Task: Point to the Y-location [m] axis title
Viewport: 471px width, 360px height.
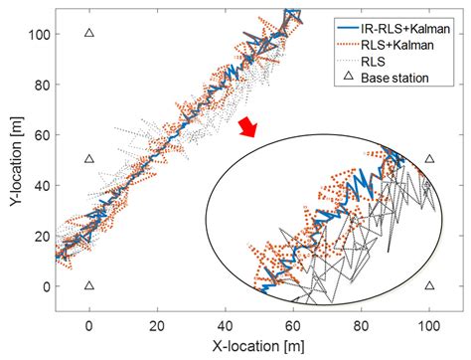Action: click(x=13, y=159)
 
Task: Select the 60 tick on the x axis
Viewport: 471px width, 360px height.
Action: click(x=293, y=325)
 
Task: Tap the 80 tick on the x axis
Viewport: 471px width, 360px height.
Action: click(x=362, y=325)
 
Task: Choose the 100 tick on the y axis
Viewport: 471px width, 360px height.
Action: click(x=38, y=33)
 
